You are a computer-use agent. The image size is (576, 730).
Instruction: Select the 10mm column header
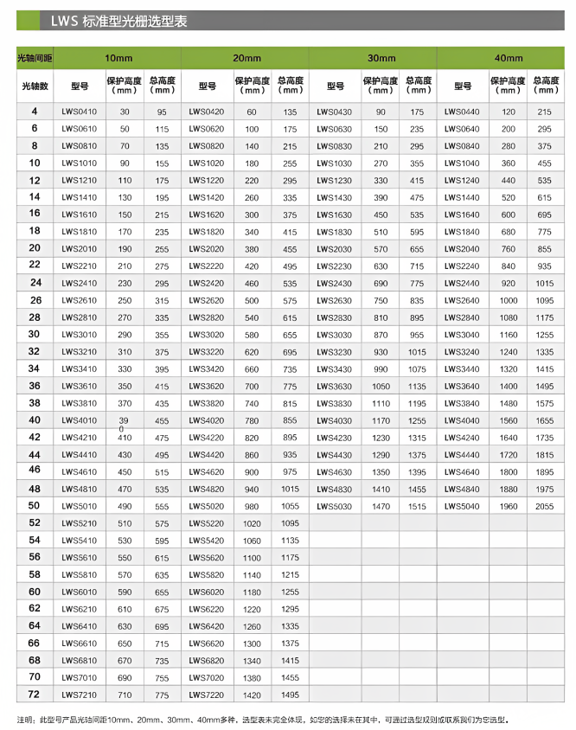tap(118, 57)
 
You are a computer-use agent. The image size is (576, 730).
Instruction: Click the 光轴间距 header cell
tap(35, 57)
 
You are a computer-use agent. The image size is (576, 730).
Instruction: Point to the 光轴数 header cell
tap(35, 86)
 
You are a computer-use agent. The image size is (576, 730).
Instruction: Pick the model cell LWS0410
tap(80, 112)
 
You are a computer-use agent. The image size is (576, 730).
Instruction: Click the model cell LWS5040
tap(463, 506)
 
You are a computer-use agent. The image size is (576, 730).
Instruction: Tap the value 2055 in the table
tap(544, 506)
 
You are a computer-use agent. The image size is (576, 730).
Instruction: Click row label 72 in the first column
tap(35, 695)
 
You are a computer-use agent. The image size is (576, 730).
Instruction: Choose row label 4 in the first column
tap(35, 112)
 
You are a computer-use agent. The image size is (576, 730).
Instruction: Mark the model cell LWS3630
tap(336, 386)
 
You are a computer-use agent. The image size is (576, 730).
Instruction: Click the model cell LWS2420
tap(208, 283)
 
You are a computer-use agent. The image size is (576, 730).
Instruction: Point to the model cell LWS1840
tap(463, 232)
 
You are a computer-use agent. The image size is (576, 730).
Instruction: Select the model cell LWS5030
tap(336, 506)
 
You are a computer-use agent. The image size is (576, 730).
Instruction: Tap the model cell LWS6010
tap(80, 592)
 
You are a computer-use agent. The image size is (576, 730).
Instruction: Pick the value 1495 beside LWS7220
tap(290, 695)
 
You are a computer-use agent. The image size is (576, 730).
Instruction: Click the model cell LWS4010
tap(80, 420)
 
